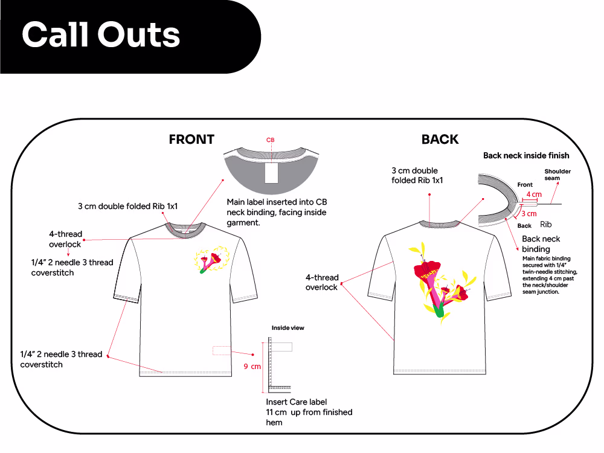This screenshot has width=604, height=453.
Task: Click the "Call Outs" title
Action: (x=101, y=34)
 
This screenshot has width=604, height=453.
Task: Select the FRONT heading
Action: (x=191, y=140)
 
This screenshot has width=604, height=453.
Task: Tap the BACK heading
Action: (x=440, y=140)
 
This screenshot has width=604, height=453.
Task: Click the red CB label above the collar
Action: (x=271, y=140)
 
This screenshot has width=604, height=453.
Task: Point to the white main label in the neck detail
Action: (x=272, y=173)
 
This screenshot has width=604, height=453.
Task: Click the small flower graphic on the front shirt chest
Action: (x=212, y=260)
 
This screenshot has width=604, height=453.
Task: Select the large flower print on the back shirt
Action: (x=442, y=283)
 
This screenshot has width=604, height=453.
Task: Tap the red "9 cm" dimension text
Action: (x=252, y=367)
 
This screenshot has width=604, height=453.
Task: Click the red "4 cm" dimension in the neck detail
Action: (x=534, y=194)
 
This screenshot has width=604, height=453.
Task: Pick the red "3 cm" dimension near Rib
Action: (x=529, y=214)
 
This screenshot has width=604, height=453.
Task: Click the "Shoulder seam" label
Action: (x=557, y=175)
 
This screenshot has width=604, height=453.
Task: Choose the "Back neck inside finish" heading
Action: (x=526, y=156)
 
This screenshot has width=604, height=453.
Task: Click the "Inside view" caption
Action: (x=288, y=328)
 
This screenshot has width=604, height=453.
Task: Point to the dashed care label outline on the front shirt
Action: (x=222, y=350)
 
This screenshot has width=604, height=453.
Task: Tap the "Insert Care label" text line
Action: (x=296, y=402)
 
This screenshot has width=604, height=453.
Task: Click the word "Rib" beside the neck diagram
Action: (x=546, y=224)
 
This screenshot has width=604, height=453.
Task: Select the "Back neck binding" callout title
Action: (x=541, y=244)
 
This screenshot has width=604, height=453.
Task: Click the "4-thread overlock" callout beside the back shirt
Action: (x=322, y=282)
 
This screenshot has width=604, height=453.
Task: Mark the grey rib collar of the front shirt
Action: (x=185, y=228)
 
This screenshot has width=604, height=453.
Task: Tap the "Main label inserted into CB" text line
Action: (x=277, y=202)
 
